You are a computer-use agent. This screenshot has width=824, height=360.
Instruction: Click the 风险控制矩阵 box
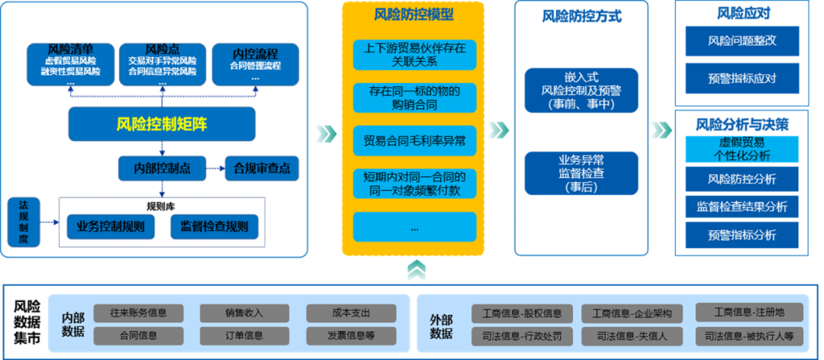coord(162,124)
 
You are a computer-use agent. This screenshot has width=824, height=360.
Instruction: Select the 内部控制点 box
coord(162,168)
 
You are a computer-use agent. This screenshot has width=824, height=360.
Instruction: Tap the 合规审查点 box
coord(262,168)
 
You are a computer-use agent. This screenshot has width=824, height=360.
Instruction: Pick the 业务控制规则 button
coord(111,227)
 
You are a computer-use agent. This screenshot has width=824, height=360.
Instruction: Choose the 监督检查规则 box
coord(214,227)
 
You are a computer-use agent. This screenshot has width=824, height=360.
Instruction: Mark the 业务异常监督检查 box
coord(581,173)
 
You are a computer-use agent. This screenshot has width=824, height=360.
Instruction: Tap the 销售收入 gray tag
coord(244,313)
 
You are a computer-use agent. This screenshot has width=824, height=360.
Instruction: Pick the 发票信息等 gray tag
coord(351,335)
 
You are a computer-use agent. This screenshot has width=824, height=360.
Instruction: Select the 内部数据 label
coord(72,324)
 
